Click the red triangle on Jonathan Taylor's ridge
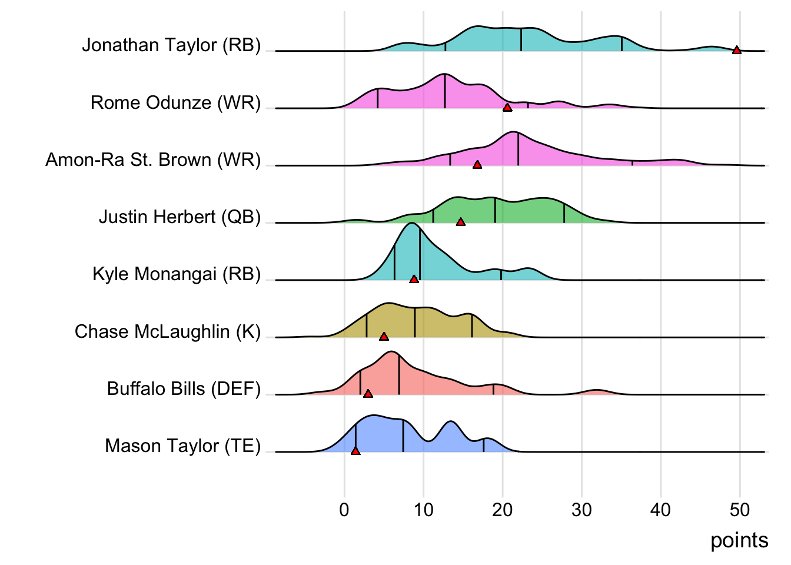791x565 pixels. (x=736, y=50)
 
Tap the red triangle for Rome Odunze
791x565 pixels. (x=507, y=107)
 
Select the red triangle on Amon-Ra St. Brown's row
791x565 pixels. (x=477, y=164)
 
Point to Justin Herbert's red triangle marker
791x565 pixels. (x=460, y=221)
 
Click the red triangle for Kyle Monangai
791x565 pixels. (x=414, y=278)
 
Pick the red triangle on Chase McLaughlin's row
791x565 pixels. (x=384, y=336)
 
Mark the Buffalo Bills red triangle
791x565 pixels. (x=368, y=393)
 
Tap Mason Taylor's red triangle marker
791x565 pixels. (x=355, y=450)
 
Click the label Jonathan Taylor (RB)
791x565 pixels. (x=171, y=45)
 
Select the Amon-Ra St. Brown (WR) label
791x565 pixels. (x=153, y=159)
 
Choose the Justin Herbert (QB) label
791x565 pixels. (x=180, y=217)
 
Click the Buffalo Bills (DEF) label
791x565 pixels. (x=184, y=388)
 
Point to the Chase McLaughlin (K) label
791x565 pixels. (x=168, y=331)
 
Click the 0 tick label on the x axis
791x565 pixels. (x=344, y=510)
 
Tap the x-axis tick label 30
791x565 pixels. (x=581, y=510)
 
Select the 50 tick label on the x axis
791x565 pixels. (x=740, y=510)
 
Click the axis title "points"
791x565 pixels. (x=739, y=540)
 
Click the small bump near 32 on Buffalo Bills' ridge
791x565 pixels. (x=597, y=391)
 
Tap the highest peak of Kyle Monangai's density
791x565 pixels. (x=411, y=224)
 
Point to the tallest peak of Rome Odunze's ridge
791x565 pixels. (x=444, y=75)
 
